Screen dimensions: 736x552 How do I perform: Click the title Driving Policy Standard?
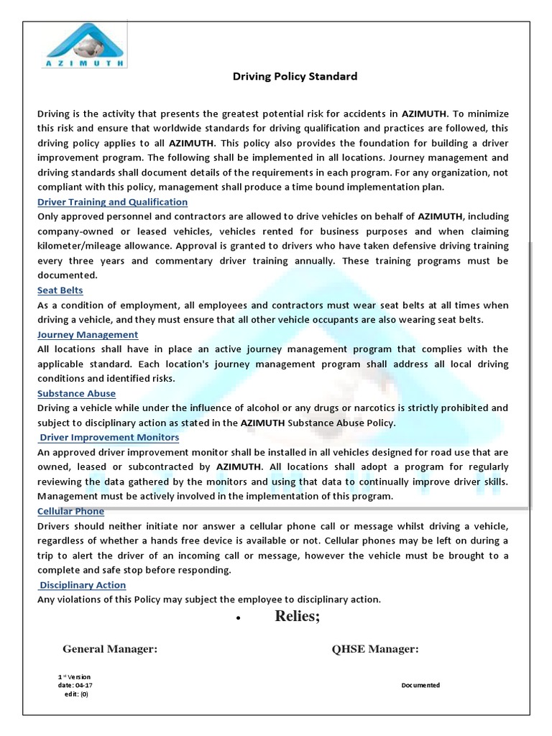(x=295, y=76)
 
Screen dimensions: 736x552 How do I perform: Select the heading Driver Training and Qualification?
(x=112, y=202)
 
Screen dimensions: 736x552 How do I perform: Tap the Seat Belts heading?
(x=60, y=290)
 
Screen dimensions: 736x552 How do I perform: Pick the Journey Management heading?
(x=88, y=335)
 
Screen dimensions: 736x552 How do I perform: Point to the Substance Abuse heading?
(x=76, y=394)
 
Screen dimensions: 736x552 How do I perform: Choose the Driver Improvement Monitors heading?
(x=109, y=437)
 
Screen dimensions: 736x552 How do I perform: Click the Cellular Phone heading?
(x=70, y=511)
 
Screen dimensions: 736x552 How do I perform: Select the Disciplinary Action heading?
(x=83, y=585)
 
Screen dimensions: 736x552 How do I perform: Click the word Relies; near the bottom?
(x=297, y=616)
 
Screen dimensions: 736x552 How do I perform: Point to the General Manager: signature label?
(x=110, y=649)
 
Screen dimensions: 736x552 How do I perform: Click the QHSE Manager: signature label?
(x=375, y=649)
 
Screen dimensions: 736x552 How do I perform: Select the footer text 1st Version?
(x=74, y=677)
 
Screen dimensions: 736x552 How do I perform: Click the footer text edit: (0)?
(x=76, y=694)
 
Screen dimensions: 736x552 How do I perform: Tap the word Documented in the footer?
(x=420, y=686)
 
